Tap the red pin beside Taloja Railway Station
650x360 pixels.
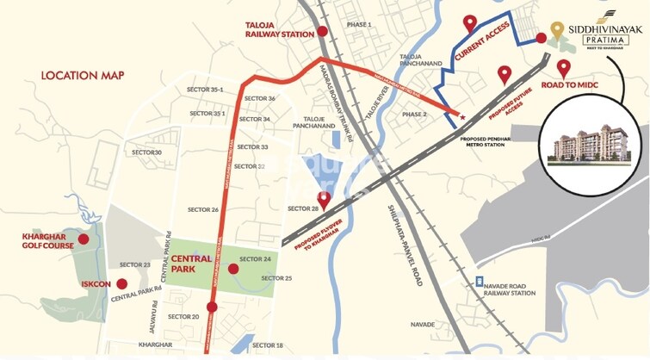[x=321, y=32]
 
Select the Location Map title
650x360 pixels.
[x=83, y=76]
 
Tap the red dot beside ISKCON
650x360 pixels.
[x=121, y=282]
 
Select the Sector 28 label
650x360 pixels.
[x=303, y=209]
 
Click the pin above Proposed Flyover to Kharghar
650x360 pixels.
[x=324, y=202]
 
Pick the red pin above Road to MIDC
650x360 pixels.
[x=564, y=67]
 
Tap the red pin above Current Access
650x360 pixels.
[x=469, y=24]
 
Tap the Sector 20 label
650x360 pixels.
[x=183, y=317]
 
